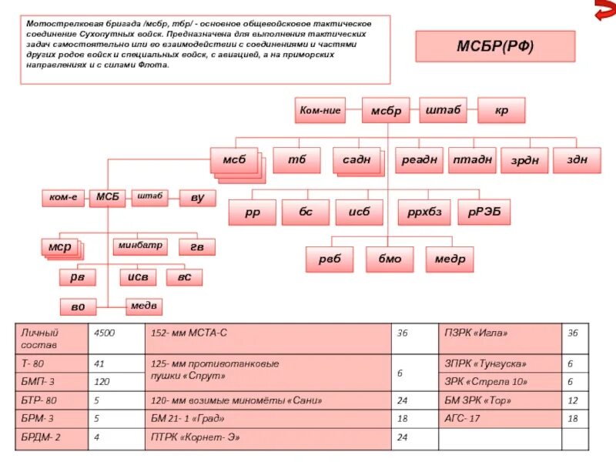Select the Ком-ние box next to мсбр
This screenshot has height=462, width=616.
coord(320,111)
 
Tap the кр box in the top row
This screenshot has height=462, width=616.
coord(501,111)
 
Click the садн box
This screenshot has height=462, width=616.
coord(357,159)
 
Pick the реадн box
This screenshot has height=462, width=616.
coord(419,159)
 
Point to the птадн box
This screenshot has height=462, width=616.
coord(471,159)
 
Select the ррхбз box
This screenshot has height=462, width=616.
coord(423,212)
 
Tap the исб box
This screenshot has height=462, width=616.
coord(360,212)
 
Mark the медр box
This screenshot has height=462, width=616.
coord(450,259)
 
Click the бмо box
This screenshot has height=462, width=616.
coord(389,259)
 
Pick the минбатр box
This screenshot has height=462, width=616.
coord(139,246)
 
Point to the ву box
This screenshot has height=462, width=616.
coord(197,198)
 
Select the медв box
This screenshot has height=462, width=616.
coord(145,306)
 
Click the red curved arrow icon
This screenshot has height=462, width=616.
coord(604,12)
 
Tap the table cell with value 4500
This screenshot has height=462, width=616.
coord(116,337)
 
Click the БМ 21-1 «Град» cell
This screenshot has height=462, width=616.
coord(269,420)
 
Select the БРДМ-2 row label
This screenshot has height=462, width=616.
coord(52,439)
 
